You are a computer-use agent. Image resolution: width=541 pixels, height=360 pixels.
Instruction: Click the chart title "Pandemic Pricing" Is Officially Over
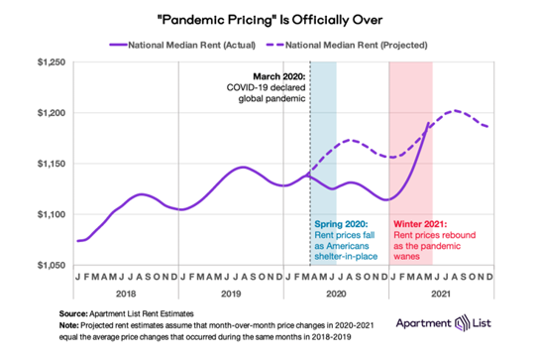click(x=270, y=20)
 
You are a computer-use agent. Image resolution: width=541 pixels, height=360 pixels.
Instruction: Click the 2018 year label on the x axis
click(x=125, y=295)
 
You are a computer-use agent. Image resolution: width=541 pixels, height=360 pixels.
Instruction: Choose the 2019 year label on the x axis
click(x=229, y=295)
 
